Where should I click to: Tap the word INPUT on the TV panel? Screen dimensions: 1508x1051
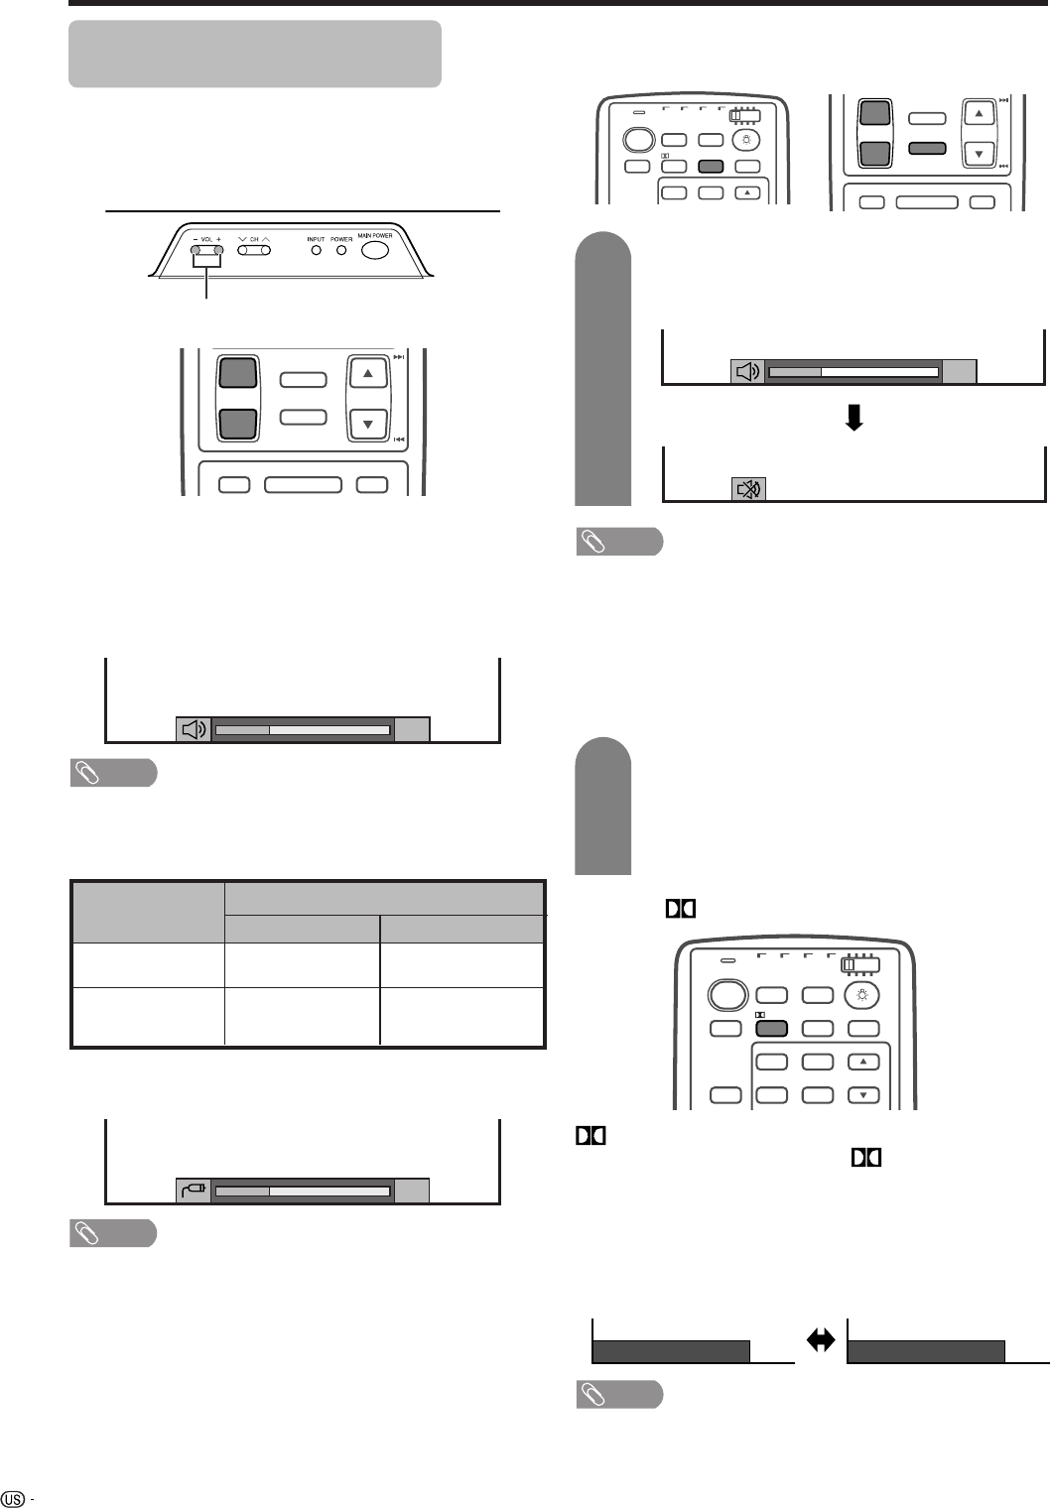pyautogui.click(x=316, y=239)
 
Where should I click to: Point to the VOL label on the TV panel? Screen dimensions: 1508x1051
pyautogui.click(x=207, y=238)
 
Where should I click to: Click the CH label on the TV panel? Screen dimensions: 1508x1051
pyautogui.click(x=255, y=238)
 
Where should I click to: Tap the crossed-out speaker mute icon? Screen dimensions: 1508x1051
pyautogui.click(x=748, y=489)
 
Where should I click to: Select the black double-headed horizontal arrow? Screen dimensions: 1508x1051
pyautogui.click(x=821, y=1341)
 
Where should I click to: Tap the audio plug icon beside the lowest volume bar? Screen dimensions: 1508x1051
pyautogui.click(x=194, y=1190)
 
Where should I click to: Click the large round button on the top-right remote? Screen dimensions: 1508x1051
pyautogui.click(x=639, y=140)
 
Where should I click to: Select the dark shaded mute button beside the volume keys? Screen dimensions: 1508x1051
pyautogui.click(x=926, y=149)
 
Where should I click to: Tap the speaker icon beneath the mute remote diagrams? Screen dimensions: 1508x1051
pyautogui.click(x=747, y=372)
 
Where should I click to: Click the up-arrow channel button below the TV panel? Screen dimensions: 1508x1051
pyautogui.click(x=368, y=375)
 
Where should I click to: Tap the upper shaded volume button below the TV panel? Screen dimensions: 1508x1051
pyautogui.click(x=237, y=373)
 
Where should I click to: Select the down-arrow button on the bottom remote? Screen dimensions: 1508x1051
pyautogui.click(x=862, y=1095)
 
